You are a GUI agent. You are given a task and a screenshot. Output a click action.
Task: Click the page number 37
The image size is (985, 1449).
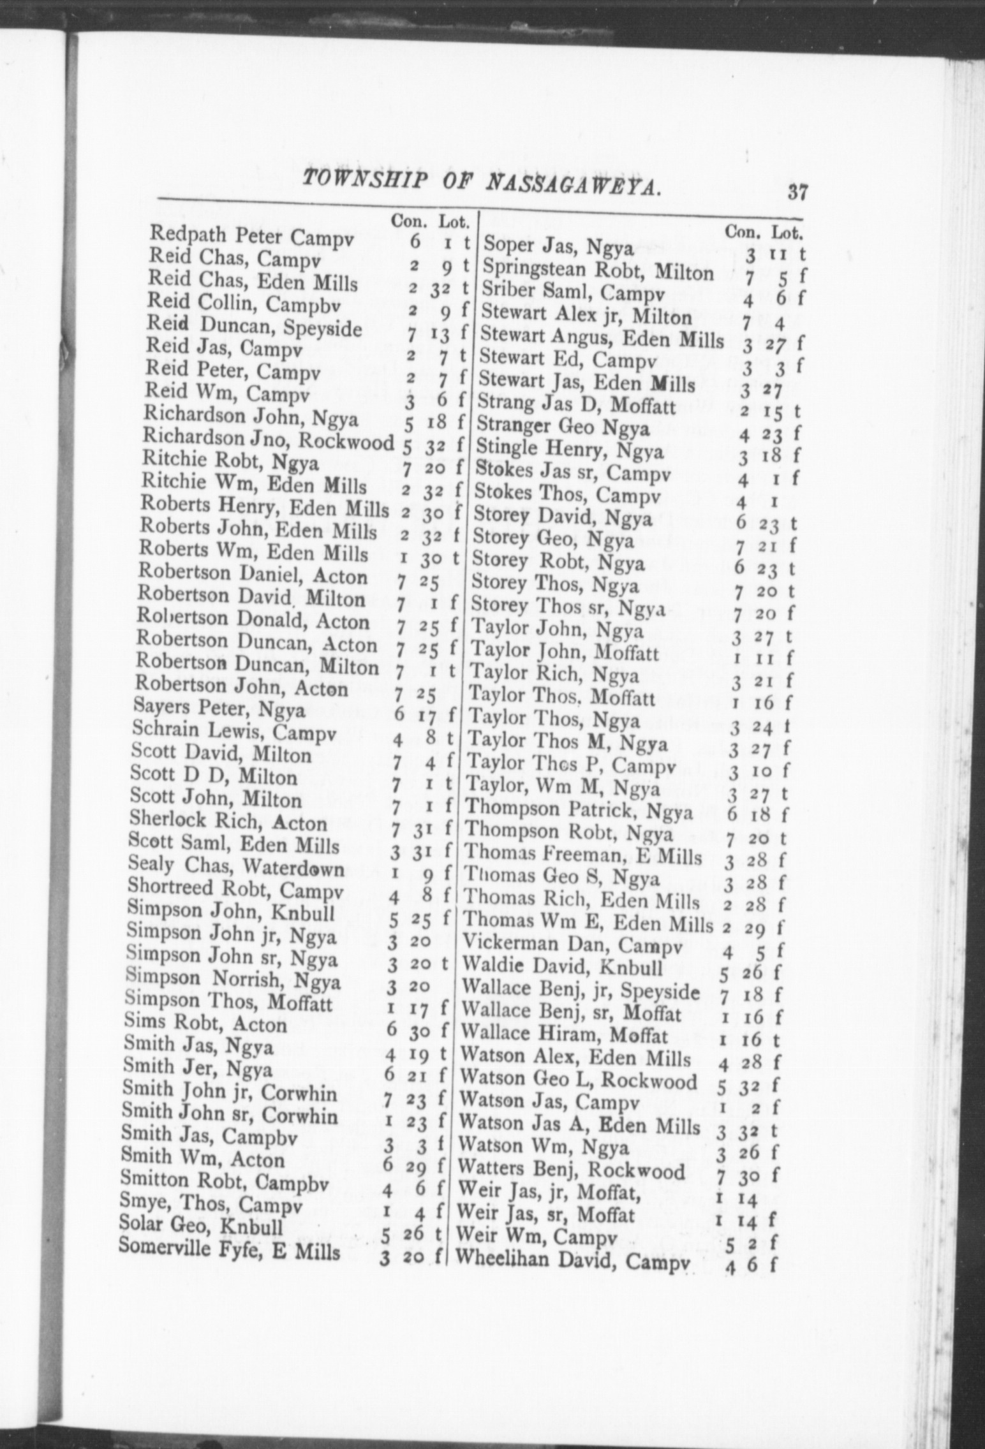click(x=797, y=191)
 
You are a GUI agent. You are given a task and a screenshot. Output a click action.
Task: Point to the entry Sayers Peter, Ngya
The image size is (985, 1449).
click(x=220, y=709)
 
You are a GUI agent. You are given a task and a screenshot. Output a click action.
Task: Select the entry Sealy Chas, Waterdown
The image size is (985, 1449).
click(x=236, y=867)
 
